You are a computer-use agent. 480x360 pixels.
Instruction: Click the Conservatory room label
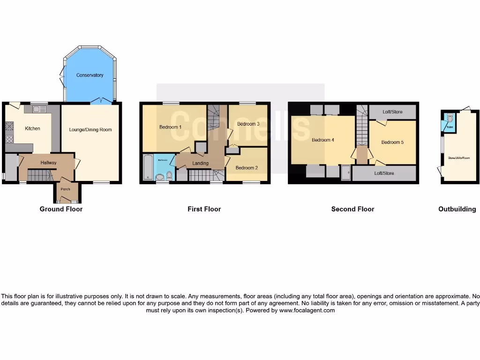click(x=90, y=75)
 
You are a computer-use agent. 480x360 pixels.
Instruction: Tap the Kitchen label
click(x=32, y=128)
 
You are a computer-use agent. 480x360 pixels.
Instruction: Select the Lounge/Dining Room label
click(x=90, y=129)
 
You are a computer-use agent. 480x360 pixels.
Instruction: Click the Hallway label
click(x=48, y=163)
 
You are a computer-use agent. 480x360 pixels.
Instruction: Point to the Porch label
click(x=65, y=189)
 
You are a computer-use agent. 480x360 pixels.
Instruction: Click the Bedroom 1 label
click(x=170, y=127)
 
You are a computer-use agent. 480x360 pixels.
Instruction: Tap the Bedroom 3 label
click(x=248, y=124)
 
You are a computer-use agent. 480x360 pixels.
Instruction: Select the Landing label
click(x=200, y=163)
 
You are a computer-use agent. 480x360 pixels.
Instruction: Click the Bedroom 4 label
click(x=323, y=140)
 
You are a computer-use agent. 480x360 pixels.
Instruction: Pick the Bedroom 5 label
click(x=392, y=142)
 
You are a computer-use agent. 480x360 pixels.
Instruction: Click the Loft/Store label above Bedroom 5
click(x=392, y=112)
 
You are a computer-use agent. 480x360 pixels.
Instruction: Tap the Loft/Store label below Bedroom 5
click(x=384, y=173)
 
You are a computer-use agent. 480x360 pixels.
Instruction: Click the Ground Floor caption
click(x=61, y=209)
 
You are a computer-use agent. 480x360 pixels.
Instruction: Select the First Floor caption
click(x=204, y=209)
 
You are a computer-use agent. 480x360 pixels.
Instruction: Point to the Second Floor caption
click(x=352, y=209)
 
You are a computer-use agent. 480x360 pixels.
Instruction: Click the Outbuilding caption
click(x=457, y=209)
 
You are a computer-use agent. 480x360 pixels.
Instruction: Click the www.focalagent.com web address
click(x=307, y=310)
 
